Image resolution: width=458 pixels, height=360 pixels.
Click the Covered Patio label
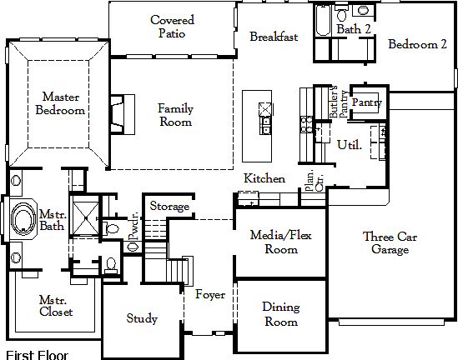(x=173, y=27)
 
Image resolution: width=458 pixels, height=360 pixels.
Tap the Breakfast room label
(x=274, y=37)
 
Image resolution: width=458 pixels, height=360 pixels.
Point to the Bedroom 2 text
(x=417, y=44)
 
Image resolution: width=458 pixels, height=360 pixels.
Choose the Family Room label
(x=175, y=114)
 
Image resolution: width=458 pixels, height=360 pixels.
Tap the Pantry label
(x=367, y=102)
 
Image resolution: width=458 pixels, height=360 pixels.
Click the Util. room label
(x=349, y=144)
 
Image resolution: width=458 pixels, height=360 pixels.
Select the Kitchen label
(x=264, y=178)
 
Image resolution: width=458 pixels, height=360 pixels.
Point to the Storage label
(x=169, y=206)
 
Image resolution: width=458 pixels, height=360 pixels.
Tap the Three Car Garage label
(x=390, y=244)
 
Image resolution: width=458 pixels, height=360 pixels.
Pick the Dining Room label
(x=280, y=314)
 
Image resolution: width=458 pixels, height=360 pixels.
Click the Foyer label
(x=210, y=294)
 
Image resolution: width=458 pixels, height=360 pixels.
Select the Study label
(x=142, y=318)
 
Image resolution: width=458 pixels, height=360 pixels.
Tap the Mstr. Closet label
(x=56, y=306)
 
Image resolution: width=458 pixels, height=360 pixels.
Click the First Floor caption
(x=36, y=353)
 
